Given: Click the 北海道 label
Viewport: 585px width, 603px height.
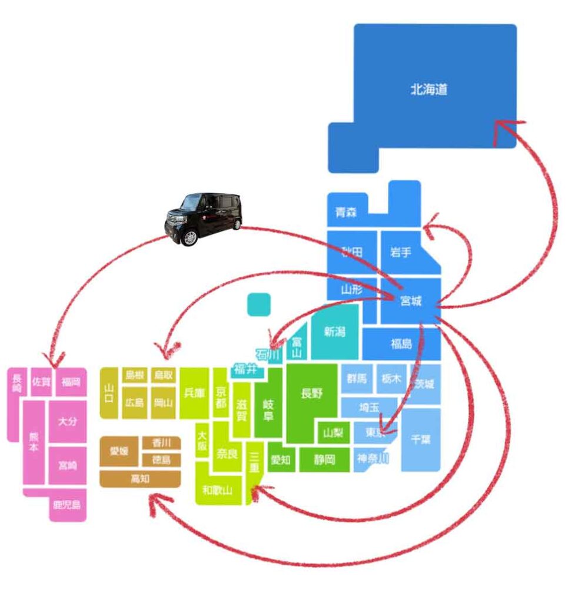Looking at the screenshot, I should click(x=429, y=90).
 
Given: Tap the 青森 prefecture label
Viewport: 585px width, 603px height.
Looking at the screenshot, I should click(x=345, y=213).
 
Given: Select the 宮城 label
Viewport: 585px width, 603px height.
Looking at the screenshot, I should click(x=411, y=301).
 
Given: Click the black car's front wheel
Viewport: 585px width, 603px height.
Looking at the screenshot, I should click(x=190, y=237).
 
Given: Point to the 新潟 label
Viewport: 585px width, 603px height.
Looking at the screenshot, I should click(x=334, y=332).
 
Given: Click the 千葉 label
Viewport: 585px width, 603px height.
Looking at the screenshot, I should click(x=421, y=440).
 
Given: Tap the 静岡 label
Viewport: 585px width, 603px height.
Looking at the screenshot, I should click(x=324, y=459).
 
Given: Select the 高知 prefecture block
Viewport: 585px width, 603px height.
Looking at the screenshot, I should click(x=140, y=479).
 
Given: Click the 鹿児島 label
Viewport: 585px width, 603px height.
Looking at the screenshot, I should click(x=67, y=505).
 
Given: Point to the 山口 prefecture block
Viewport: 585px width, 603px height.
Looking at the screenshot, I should click(x=109, y=392).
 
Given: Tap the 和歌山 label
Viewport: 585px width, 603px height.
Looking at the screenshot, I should click(x=217, y=489).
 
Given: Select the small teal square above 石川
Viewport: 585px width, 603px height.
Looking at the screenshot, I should click(x=259, y=304).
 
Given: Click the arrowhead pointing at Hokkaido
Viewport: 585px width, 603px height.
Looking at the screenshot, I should click(x=499, y=125).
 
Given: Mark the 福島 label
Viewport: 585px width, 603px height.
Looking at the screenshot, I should click(x=401, y=344).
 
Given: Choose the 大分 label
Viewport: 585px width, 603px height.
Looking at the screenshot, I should click(x=67, y=422).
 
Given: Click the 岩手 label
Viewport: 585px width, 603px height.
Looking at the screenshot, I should click(x=401, y=253).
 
